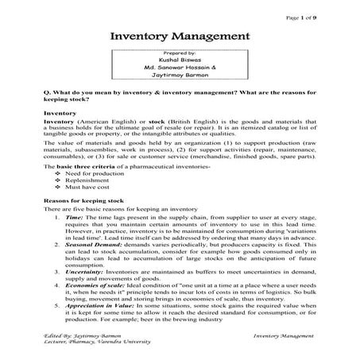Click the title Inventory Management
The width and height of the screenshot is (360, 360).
coord(179,37)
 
